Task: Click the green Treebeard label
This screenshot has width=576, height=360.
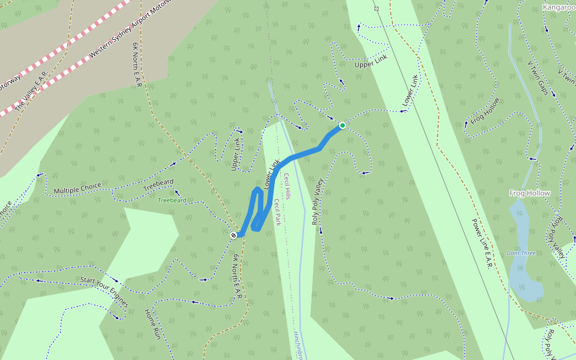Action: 172,200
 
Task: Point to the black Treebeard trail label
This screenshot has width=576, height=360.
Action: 158,185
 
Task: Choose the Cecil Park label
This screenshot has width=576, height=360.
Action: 277,212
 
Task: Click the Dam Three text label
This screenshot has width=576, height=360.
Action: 521,253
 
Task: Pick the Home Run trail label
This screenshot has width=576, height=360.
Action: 153,326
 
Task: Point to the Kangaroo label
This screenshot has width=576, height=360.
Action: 559,7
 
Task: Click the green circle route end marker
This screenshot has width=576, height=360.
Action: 342,125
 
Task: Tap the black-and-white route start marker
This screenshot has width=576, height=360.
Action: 233,235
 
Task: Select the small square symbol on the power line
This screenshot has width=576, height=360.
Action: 376,8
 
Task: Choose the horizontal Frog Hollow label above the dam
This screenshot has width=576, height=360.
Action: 530,193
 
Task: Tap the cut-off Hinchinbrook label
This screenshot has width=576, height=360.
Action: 300,345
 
